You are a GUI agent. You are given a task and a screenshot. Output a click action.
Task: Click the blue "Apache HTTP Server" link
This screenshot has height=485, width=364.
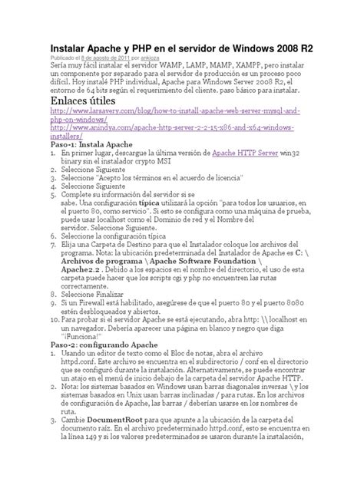[x=245, y=153]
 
